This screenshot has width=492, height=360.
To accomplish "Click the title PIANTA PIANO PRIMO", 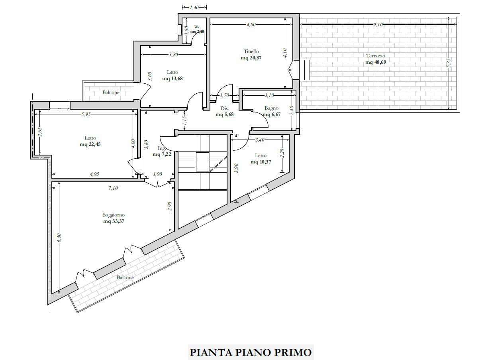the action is pos(251,352).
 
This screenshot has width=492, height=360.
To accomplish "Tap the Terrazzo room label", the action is pos(375,56).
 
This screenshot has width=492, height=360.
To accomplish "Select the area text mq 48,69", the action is pos(376,62).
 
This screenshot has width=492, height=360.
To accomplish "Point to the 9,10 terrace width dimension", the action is pos(378,25).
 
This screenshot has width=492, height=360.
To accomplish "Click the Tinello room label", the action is pos(251,51).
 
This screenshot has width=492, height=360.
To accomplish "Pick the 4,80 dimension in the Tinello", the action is pos(251,25).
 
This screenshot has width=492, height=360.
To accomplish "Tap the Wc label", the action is pos(197,27).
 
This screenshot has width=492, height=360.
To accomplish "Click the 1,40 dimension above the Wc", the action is pos(194,8).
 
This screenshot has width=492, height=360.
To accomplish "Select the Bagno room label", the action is pos(271,108).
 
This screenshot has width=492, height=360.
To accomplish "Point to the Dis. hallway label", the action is pos(224,108).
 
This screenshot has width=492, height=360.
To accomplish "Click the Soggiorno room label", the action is pos(114,215).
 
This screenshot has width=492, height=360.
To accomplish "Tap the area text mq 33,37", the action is pos(114,221).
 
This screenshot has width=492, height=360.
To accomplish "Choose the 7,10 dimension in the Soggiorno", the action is pos(113,188).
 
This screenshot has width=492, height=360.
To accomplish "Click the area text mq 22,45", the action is pos(90,144).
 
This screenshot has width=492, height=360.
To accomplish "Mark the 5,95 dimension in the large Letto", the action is pos(86,114).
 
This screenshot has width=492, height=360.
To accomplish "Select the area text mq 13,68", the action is pos(172,79).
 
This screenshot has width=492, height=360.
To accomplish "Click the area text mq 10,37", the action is pos(261,162).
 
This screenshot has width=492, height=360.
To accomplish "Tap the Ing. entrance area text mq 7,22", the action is pos(162,154).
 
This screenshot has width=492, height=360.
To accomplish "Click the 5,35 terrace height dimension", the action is pos(449,63).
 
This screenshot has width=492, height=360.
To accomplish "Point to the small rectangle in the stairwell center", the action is pos(202,162).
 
